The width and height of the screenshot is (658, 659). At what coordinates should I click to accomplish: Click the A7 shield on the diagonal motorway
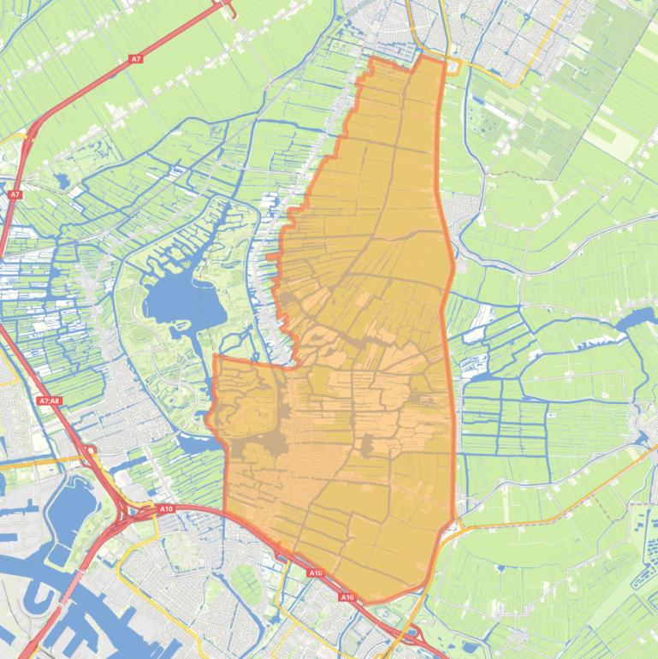point(135,59)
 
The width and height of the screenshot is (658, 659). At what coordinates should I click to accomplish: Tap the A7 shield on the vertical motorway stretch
point(15,195)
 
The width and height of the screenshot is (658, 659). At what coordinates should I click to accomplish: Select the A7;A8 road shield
point(49,401)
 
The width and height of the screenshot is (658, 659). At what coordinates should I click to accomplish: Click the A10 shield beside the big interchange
point(166,509)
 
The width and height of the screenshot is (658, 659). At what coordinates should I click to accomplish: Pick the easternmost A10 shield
point(347,597)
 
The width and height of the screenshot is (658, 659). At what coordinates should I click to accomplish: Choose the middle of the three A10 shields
point(316,573)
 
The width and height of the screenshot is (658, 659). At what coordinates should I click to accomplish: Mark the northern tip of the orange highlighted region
point(424,56)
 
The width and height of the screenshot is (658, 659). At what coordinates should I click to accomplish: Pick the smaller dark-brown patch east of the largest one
point(369,445)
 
